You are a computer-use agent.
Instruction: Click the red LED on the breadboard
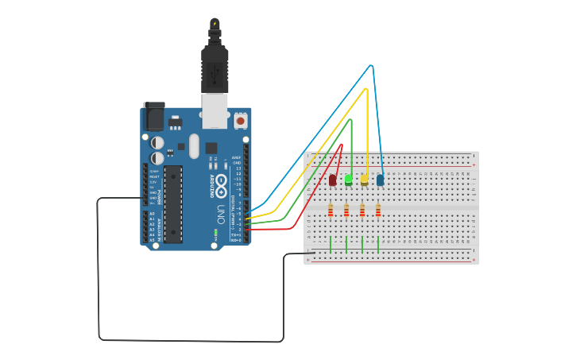332,180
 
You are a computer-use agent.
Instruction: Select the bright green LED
348,180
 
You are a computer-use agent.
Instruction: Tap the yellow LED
364,180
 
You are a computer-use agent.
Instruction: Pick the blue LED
380,180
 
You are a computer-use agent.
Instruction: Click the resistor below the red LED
331,210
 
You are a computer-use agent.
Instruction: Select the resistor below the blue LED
378,210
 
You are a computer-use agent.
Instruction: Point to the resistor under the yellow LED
362,210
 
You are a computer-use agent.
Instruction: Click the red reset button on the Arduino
240,121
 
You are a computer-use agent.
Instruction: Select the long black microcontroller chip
173,203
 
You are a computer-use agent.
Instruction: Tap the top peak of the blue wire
371,65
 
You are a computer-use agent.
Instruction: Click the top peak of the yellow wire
365,89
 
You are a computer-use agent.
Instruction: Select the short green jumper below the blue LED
378,244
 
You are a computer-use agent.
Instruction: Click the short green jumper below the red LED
331,244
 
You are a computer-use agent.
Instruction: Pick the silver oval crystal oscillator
195,145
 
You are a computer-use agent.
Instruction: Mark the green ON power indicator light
215,233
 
